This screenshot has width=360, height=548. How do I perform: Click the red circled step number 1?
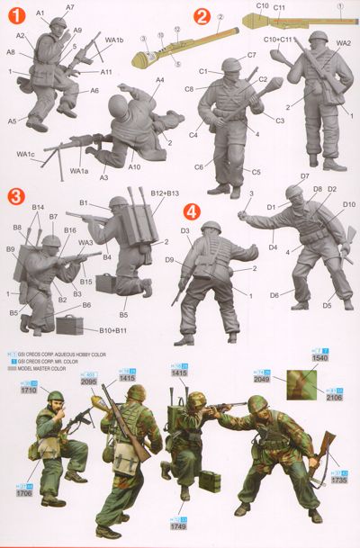tap(13, 13)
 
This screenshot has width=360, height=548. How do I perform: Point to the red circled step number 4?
tap(191, 212)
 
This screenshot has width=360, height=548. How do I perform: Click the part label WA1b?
tap(114, 40)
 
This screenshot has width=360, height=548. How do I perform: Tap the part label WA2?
tap(343, 42)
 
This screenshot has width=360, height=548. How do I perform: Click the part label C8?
tap(190, 88)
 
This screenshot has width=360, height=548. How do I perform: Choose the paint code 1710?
tap(29, 393)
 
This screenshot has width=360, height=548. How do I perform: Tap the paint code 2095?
tap(86, 381)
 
